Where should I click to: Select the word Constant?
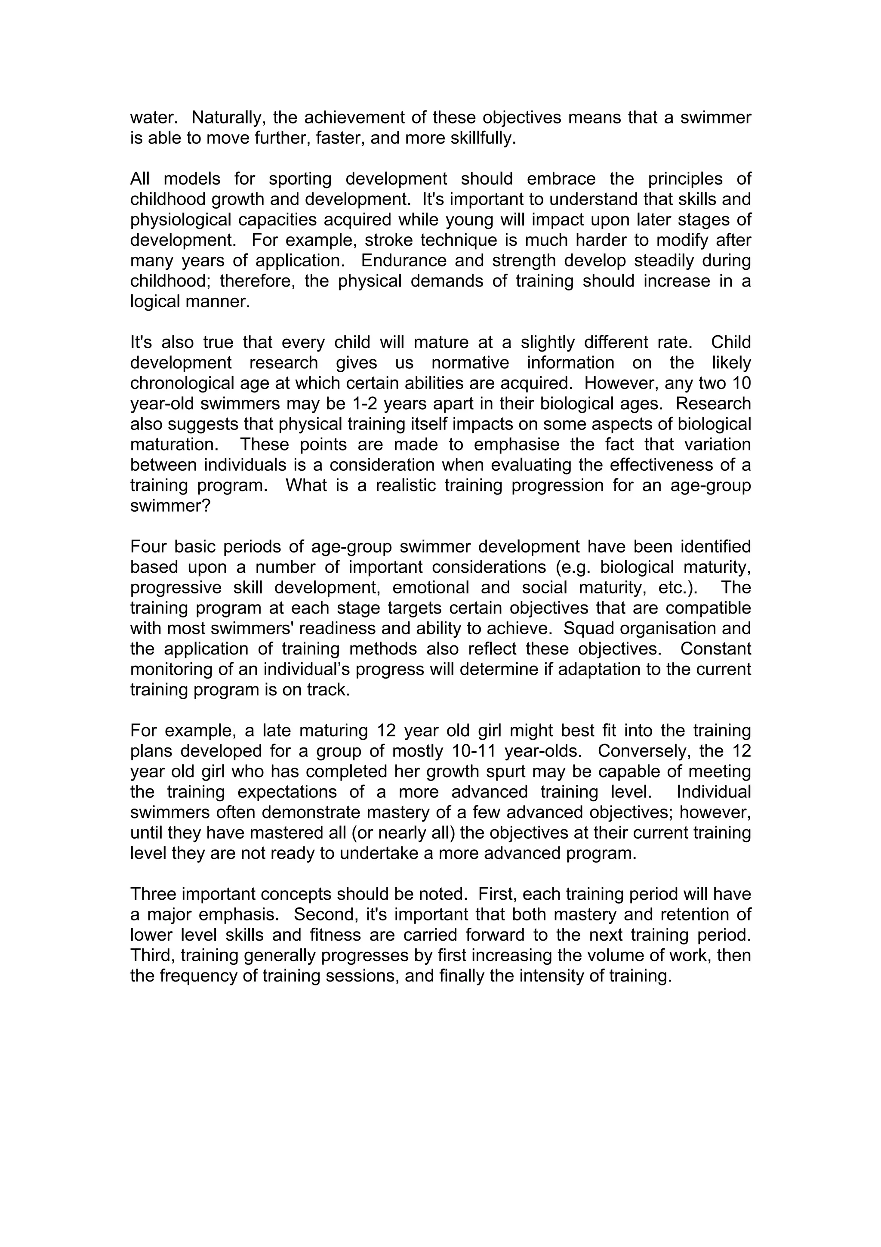pos(715,649)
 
